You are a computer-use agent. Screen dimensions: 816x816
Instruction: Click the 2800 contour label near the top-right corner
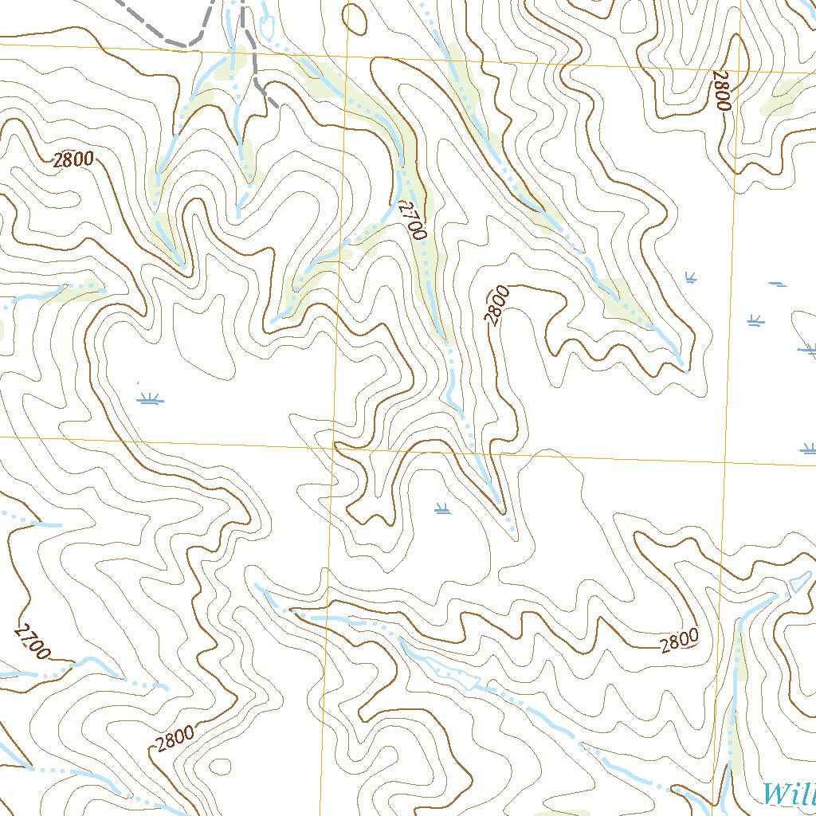[x=721, y=91]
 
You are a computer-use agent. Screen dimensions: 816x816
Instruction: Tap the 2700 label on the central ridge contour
[x=412, y=220]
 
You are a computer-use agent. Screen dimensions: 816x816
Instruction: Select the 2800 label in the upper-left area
[x=74, y=159]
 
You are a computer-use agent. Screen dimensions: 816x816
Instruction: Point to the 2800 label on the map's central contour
[x=496, y=306]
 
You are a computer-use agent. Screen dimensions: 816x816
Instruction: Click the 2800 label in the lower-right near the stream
[x=679, y=640]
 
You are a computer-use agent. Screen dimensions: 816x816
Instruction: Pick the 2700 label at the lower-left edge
[x=32, y=642]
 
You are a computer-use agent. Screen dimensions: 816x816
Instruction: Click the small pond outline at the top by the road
[x=267, y=28]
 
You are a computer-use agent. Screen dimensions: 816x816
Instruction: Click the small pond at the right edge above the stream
[x=798, y=583]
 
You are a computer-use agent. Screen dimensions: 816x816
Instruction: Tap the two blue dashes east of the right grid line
[x=777, y=284]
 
